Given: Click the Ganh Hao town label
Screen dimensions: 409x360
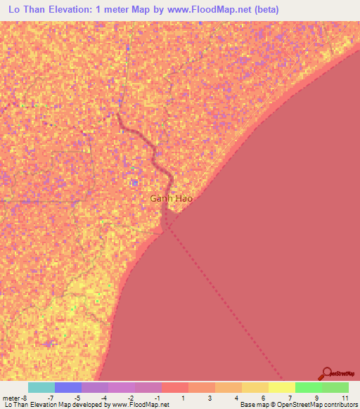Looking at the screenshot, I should click(x=171, y=198).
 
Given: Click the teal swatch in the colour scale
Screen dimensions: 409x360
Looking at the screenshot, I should click(x=41, y=387).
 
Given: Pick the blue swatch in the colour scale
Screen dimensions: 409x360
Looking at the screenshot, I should click(x=67, y=387).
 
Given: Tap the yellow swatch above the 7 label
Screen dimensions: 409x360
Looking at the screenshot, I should click(x=281, y=387).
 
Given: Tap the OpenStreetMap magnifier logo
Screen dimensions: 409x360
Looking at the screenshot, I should click(x=327, y=373).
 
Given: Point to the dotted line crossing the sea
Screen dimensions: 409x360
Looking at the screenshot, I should click(x=225, y=302).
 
